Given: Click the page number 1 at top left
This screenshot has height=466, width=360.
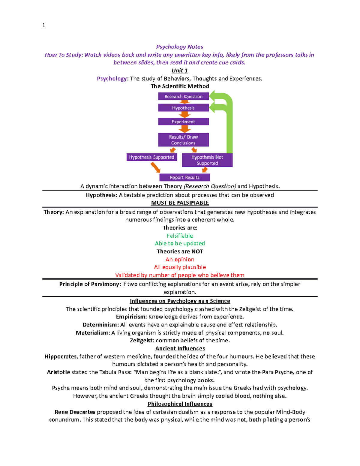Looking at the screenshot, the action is tap(44, 26).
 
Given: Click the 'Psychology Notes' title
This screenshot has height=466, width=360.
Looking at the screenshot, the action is tap(179, 47).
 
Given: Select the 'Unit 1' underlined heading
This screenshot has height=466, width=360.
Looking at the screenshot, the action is tap(179, 71).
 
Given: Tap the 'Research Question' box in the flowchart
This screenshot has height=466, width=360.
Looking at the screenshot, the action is tap(183, 96).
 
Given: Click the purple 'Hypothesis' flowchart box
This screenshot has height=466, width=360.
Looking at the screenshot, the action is tap(183, 108).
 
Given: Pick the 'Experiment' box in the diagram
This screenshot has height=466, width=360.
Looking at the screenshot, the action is tap(183, 122).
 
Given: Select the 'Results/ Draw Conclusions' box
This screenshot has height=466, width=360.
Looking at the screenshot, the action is tap(183, 140).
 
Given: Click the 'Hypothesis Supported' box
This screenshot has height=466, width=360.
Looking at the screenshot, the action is tap(151, 157).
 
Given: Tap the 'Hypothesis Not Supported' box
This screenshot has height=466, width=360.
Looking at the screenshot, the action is tap(207, 160).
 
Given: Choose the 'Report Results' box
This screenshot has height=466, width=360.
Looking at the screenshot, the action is tap(184, 177).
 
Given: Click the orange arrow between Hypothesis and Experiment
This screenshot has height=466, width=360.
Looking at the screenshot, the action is tap(184, 115).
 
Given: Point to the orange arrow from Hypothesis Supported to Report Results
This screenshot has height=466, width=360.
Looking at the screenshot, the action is tap(155, 167).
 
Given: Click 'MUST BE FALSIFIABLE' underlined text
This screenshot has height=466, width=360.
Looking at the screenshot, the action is tap(180, 203).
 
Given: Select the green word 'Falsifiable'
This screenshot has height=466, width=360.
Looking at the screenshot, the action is tap(180, 236).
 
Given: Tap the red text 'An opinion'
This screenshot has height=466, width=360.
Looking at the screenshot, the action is tap(180, 260).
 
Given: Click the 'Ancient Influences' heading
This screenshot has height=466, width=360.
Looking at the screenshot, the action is tap(180, 348).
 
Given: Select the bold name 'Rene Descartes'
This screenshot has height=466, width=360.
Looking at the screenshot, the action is tap(75, 412).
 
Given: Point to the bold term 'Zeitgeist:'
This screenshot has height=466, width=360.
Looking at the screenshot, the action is tap(142, 341).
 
